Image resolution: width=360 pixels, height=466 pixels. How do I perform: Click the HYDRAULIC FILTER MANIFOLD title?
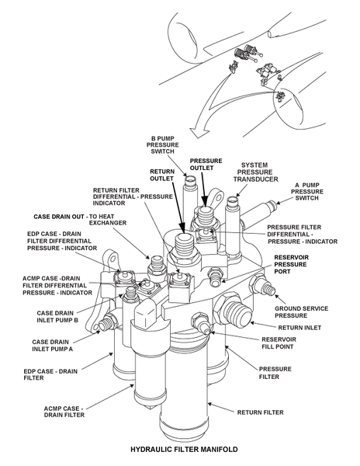[x=184, y=449]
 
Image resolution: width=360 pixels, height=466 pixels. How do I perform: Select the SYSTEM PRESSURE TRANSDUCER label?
[x=255, y=172]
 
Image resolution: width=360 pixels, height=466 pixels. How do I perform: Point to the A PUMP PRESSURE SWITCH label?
[x=307, y=191]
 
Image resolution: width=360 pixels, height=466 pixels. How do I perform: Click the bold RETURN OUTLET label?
[x=161, y=175]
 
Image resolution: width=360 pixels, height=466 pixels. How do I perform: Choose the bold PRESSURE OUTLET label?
[x=206, y=164]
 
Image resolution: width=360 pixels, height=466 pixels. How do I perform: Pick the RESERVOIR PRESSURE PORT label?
[x=291, y=264]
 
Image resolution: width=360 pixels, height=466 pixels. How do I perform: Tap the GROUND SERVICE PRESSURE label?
[x=301, y=312]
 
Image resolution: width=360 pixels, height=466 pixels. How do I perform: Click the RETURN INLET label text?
[x=299, y=328]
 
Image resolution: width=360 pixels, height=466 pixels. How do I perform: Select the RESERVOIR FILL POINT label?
[x=279, y=343]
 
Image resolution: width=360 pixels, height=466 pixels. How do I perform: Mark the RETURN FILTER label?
[x=260, y=412]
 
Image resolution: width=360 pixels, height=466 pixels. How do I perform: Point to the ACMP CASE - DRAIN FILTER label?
[x=64, y=412]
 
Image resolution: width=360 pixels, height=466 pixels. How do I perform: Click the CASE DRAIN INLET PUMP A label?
[x=52, y=346]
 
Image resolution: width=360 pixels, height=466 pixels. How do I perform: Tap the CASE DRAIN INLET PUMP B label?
[x=57, y=317]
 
